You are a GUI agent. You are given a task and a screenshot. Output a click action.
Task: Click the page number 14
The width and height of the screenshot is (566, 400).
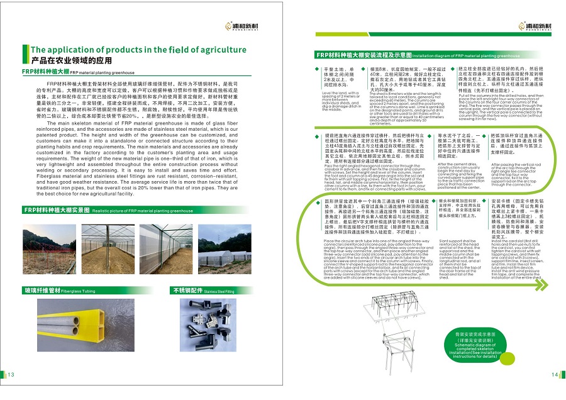coord(555,375)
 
